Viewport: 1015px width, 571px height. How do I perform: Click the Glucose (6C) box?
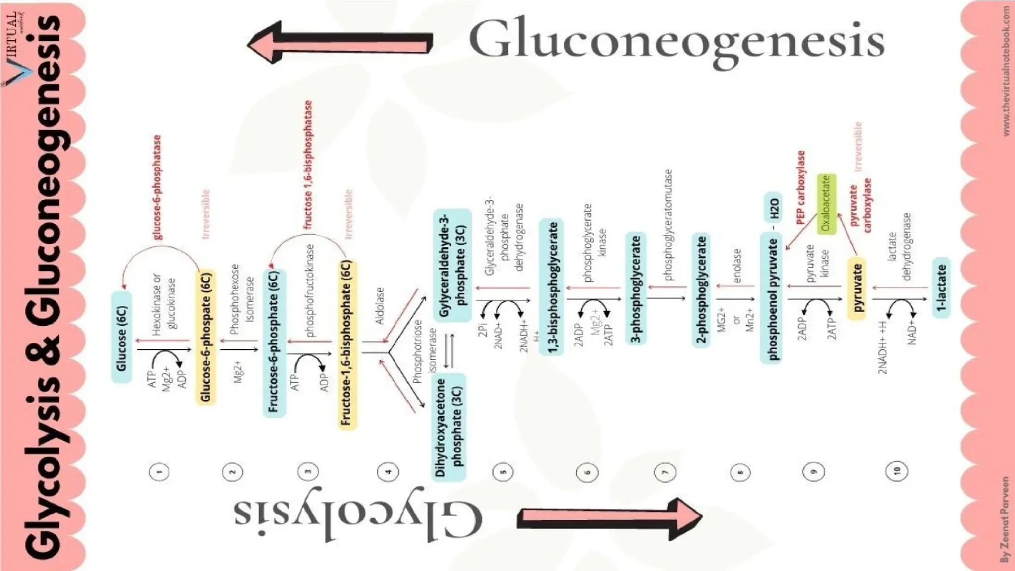122,338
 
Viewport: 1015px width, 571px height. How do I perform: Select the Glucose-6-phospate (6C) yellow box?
206,337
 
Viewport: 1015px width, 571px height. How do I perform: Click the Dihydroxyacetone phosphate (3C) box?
449,427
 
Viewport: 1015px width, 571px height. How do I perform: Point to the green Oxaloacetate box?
826,204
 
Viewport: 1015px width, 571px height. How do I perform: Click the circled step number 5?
503,472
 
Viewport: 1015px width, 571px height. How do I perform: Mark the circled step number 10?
897,471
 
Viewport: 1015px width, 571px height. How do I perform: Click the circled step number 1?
159,472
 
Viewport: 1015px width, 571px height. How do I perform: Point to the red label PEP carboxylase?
801,187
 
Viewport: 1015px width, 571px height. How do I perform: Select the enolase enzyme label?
737,266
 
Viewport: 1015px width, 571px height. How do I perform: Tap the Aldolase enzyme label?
380,306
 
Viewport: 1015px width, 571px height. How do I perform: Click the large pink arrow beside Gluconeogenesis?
340,43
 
